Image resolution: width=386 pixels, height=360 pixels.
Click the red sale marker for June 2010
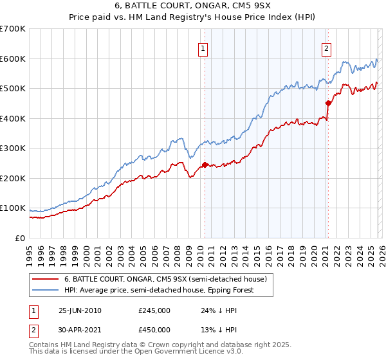205,165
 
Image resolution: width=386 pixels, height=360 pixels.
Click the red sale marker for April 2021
328,103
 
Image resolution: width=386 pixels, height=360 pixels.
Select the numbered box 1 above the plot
203,48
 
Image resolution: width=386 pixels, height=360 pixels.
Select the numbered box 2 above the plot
326,48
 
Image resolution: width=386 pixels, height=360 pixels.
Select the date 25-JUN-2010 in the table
80,310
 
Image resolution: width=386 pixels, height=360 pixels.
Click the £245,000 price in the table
154,310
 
